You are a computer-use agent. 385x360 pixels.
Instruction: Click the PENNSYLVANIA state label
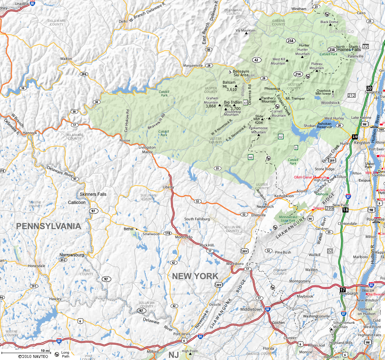49,226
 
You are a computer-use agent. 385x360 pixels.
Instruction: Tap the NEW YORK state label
195,276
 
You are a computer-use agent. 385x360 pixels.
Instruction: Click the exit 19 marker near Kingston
355,136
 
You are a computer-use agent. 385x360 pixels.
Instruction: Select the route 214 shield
298,74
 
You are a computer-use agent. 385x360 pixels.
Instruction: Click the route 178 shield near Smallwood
167,233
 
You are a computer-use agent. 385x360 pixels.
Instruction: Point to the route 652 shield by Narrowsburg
63,260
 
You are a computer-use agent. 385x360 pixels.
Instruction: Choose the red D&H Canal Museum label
310,177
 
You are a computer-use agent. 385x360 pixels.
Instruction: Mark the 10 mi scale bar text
45,351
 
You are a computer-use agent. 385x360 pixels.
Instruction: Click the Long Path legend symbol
57,353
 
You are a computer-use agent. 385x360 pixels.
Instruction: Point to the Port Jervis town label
182,334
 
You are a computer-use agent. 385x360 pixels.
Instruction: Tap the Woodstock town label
330,103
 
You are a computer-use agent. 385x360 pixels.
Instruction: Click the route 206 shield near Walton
84,74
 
